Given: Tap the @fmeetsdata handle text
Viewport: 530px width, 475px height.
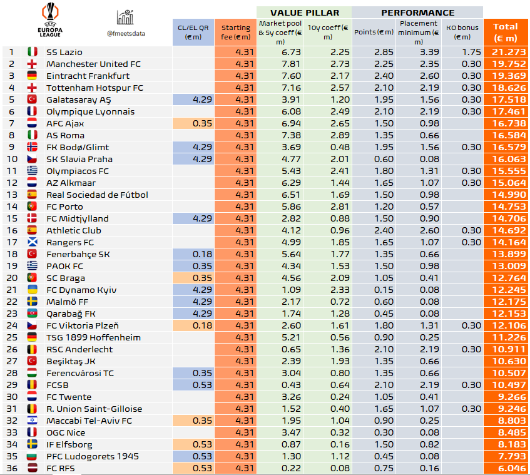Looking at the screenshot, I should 126,33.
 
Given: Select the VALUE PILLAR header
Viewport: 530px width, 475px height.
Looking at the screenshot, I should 304,13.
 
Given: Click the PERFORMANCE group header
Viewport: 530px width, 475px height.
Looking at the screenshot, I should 417,13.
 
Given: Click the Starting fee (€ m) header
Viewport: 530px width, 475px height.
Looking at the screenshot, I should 235,32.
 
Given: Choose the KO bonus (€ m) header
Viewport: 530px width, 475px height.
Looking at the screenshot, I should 462,32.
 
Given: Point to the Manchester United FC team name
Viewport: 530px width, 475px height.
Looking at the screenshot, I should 94,64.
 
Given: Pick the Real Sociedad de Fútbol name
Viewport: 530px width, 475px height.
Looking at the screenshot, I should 97,195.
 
